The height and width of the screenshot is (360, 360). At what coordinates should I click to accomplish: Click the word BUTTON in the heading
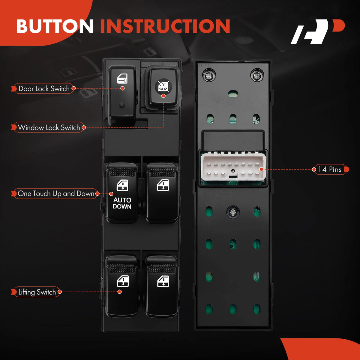pyautogui.click(x=55, y=26)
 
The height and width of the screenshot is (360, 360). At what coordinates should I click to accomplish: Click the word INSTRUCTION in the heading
pyautogui.click(x=165, y=26)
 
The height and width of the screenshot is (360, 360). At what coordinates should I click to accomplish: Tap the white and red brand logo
pyautogui.click(x=318, y=31)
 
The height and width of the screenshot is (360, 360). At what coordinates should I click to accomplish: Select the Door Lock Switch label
pyautogui.click(x=44, y=88)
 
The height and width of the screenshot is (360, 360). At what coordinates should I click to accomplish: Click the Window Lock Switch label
pyautogui.click(x=49, y=127)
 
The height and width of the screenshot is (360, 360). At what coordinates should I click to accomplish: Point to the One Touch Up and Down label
pyautogui.click(x=56, y=193)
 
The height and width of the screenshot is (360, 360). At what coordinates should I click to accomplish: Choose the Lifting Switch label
pyautogui.click(x=37, y=292)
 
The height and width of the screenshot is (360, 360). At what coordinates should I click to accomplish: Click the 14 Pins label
pyautogui.click(x=330, y=169)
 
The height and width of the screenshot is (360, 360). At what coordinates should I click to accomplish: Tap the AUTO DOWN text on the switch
pyautogui.click(x=122, y=203)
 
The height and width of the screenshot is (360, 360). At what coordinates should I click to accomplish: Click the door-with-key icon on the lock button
pyautogui.click(x=122, y=79)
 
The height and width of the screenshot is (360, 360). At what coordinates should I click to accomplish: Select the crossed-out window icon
pyautogui.click(x=163, y=86)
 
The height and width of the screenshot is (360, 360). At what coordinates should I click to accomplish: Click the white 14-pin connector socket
pyautogui.click(x=233, y=168)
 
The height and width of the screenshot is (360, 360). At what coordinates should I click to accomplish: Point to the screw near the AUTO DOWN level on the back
pyautogui.click(x=233, y=212)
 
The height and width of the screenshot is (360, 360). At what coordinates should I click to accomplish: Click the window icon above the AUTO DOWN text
pyautogui.click(x=122, y=185)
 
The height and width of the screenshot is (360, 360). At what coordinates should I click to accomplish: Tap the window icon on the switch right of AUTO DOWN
pyautogui.click(x=163, y=185)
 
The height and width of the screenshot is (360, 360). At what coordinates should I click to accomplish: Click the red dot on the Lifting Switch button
pyautogui.click(x=120, y=292)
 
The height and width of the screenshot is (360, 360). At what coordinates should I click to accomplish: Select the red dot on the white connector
pyautogui.click(x=262, y=169)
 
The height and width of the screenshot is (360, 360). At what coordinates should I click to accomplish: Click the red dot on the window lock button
pyautogui.click(x=163, y=96)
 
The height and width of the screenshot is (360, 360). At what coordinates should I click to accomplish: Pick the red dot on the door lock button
pyautogui.click(x=123, y=88)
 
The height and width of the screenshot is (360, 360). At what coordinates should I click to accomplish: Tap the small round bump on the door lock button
pyautogui.click(x=122, y=105)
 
